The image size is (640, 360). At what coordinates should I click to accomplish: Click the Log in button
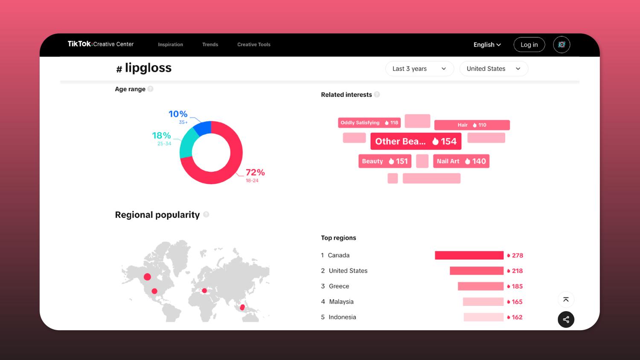529,45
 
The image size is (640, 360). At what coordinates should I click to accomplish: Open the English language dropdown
487,45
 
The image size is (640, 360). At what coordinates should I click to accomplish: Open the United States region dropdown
493,69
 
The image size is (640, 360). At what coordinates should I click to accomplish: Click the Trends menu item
210,44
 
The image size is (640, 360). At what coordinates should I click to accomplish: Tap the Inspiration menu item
170,44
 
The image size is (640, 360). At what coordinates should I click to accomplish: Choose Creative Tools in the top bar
254,44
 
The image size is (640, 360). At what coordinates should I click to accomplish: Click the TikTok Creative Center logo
101,44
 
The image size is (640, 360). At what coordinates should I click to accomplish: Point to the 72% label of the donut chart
255,172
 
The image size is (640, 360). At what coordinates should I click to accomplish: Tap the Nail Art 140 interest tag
461,161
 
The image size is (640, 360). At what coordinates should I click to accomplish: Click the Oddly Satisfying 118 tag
369,123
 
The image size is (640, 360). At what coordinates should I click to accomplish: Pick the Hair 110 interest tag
472,125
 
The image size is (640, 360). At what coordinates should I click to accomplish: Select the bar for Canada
469,255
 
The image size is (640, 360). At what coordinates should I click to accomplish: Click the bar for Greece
480,286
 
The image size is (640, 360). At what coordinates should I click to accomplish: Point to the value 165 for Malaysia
517,302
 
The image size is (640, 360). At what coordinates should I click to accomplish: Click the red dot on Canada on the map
147,277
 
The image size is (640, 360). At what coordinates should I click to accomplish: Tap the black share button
566,319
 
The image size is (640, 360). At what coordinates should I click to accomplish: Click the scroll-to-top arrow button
566,299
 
